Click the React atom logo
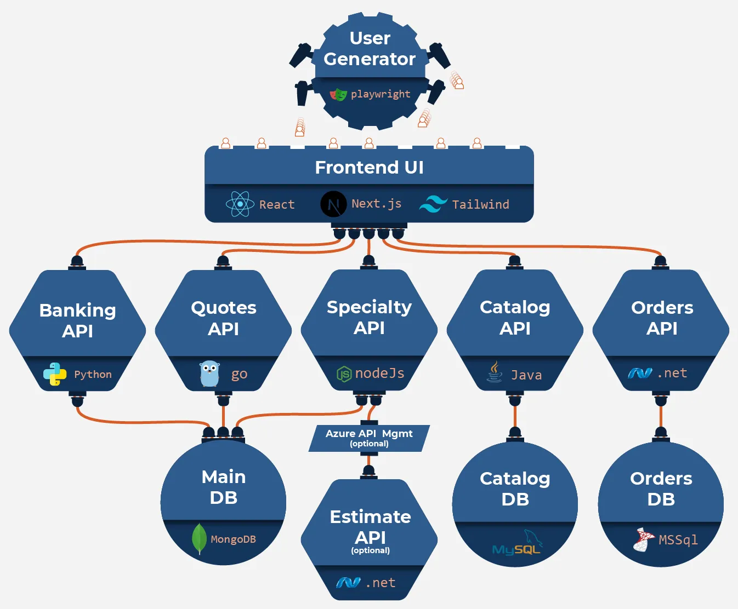[x=240, y=204]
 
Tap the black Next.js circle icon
[x=333, y=204]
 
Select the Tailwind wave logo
[x=433, y=204]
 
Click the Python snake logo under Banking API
[x=55, y=374]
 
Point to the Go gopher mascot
[x=209, y=374]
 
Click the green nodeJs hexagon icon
[x=344, y=374]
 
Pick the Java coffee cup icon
[x=495, y=372]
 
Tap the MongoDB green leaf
[x=199, y=538]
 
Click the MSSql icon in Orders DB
[x=644, y=539]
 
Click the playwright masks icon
[x=338, y=95]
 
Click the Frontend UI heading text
[x=369, y=167]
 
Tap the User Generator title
[x=370, y=48]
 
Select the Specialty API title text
[x=369, y=317]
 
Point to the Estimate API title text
[x=370, y=526]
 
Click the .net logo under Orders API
[x=640, y=373]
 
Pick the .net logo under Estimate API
[x=348, y=583]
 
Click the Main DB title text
[x=223, y=487]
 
